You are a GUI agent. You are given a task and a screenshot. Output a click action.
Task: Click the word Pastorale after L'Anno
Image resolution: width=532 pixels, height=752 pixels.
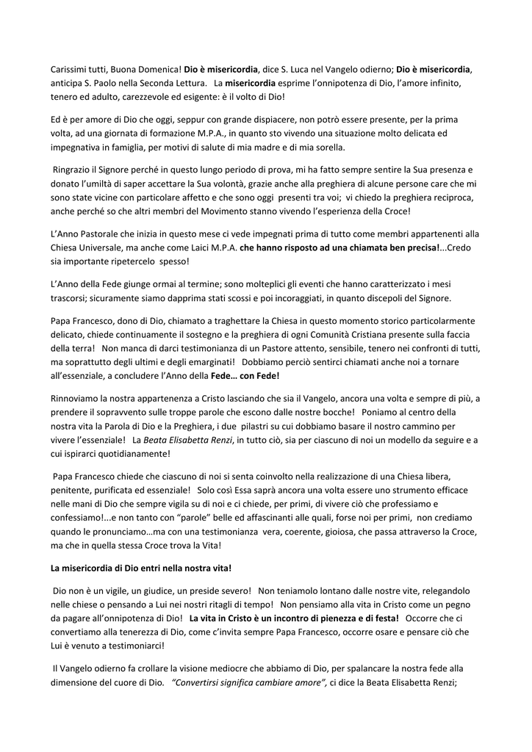point(109,234)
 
